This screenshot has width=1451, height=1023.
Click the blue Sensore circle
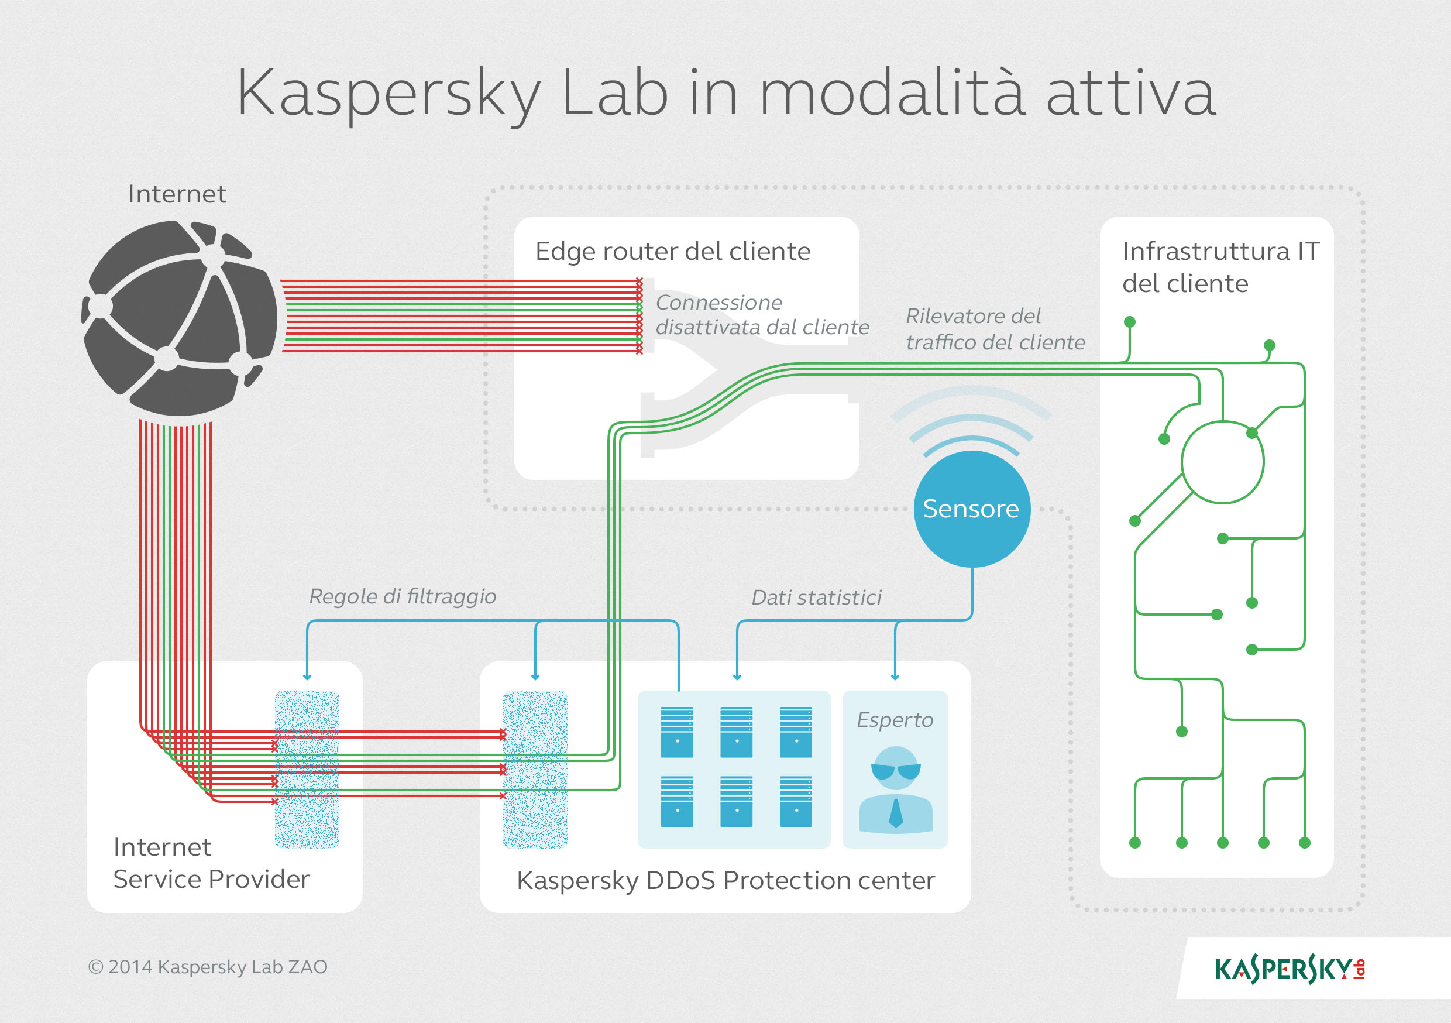tap(971, 509)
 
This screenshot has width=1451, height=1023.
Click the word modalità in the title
tap(892, 94)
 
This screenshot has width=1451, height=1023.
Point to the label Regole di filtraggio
tap(403, 596)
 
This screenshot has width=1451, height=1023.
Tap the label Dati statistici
tap(816, 598)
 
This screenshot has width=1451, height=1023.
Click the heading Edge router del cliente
tap(672, 252)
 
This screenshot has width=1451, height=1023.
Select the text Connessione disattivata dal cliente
tap(762, 315)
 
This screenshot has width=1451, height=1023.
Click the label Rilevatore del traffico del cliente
tap(995, 329)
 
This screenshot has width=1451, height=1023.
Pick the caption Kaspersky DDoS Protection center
tap(725, 880)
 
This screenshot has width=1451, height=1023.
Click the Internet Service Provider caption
tap(211, 863)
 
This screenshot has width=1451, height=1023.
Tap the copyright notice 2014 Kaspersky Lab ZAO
tap(208, 967)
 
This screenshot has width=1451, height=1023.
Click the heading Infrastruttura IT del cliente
tap(1220, 267)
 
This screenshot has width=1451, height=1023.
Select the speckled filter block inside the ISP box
tap(307, 769)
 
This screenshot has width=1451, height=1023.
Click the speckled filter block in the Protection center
tap(535, 769)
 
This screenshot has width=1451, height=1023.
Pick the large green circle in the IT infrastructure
tap(1222, 462)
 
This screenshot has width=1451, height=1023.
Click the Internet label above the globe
tap(177, 194)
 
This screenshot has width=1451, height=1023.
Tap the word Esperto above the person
tap(895, 720)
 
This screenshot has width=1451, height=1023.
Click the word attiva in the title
tap(1130, 94)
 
